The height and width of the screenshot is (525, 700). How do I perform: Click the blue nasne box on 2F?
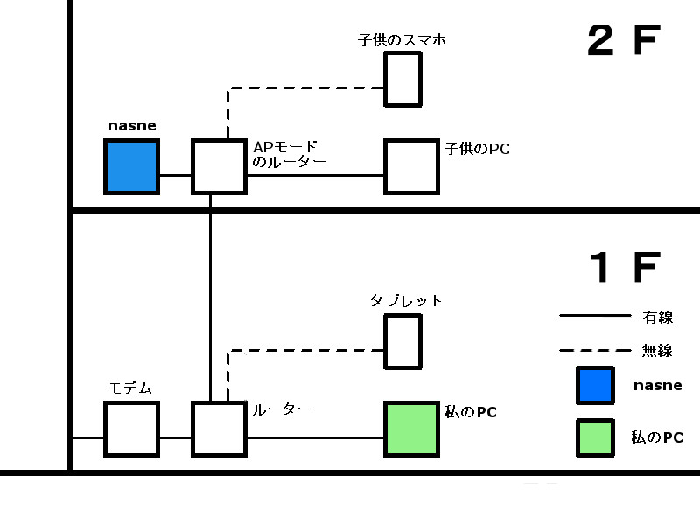click(131, 166)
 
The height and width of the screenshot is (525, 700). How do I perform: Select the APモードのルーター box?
click(219, 166)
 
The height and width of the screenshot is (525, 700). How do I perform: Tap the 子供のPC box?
click(411, 166)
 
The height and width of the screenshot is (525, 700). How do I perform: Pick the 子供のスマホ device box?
click(403, 79)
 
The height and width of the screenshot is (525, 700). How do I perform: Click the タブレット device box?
click(403, 341)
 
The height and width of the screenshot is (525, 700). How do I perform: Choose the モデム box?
click(131, 429)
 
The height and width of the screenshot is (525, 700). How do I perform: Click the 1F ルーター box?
click(219, 429)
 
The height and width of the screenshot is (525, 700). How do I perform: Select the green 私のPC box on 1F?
click(411, 429)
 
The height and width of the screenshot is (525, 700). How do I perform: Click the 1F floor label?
click(623, 268)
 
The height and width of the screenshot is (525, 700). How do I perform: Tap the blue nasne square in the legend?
click(594, 385)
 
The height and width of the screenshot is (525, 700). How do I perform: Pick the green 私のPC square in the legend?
click(594, 437)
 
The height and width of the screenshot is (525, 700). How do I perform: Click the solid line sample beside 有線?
click(594, 316)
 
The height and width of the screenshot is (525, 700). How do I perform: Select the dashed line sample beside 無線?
click(594, 351)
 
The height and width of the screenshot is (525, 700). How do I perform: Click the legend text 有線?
click(658, 317)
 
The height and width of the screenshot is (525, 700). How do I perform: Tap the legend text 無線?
click(658, 351)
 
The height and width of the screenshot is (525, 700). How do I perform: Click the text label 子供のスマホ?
click(402, 39)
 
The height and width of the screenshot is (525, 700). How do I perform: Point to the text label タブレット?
click(406, 301)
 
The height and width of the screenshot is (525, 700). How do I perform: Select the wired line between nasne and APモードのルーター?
click(175, 175)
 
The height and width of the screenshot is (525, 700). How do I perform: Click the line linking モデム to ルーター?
click(175, 437)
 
